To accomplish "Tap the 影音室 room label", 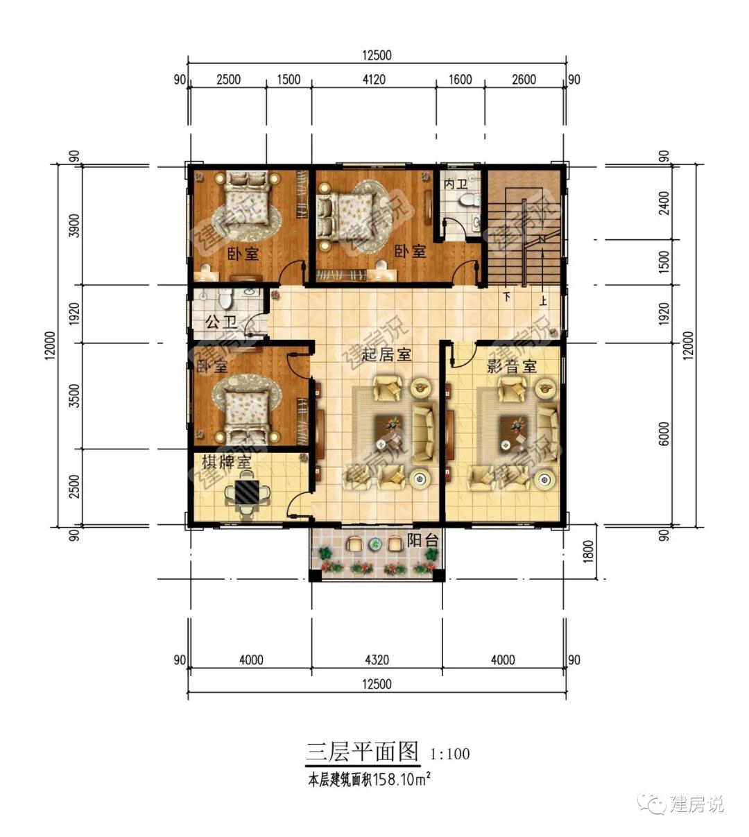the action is tap(511, 366).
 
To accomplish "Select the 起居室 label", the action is tap(386, 354).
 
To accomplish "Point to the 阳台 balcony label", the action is tap(422, 540).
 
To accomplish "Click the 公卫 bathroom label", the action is tap(221, 322).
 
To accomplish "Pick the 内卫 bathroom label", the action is tap(455, 184).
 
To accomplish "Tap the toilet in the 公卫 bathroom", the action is tap(225, 299).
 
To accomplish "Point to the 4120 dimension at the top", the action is tap(374, 79).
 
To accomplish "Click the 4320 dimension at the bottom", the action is tap(377, 659).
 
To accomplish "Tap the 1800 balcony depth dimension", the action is tap(589, 551).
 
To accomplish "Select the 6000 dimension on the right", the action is tap(664, 434).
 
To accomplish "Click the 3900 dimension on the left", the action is tap(74, 225).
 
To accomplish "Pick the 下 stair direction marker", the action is tap(507, 296).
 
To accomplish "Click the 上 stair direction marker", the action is tap(543, 300).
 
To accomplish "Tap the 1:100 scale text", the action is tap(450, 754).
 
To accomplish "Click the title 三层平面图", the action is tap(362, 752).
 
